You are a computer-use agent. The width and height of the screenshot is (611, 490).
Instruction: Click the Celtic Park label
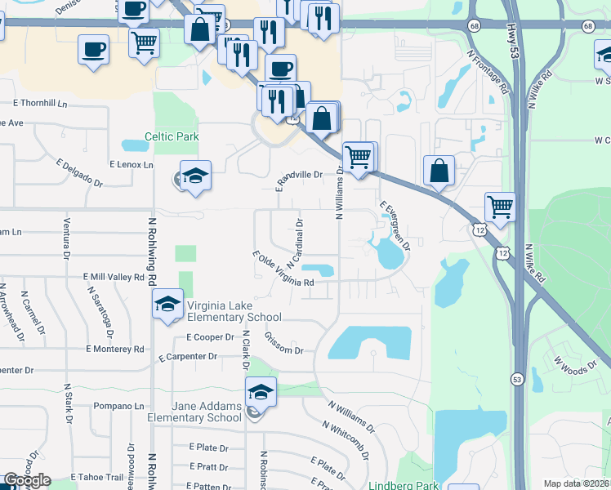pos(172,137)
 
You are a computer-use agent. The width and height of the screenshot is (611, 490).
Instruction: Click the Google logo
pos(26,480)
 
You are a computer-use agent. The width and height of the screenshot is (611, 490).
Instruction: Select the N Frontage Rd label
pos(487,71)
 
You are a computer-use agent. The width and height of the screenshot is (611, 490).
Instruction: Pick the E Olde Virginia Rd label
pos(283,271)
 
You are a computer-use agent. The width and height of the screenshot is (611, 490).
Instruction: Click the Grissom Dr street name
pos(284,344)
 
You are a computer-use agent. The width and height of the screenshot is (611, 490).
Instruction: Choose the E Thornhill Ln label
pos(40,104)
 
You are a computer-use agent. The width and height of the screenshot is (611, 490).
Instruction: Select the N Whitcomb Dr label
pos(348,439)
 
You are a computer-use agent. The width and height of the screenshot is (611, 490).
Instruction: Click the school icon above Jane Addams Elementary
pos(261,392)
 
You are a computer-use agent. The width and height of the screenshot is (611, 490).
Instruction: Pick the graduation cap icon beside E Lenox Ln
pos(195,176)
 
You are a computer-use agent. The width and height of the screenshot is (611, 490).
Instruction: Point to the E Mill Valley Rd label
pos(113,278)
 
